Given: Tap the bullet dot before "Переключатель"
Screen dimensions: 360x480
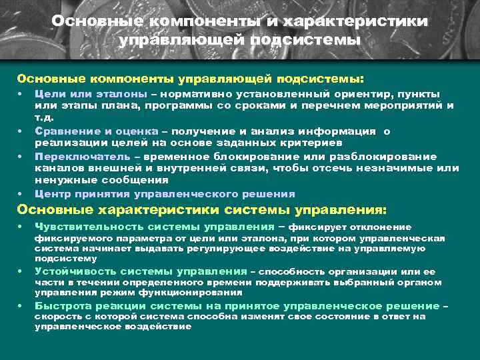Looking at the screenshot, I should point(21,157).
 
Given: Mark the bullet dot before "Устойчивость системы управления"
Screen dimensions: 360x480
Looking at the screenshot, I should point(21,272).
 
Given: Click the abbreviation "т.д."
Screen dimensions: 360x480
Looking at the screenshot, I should point(43,116).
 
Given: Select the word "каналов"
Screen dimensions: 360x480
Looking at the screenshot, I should point(56,168).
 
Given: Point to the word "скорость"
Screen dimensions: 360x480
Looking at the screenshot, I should point(58,317).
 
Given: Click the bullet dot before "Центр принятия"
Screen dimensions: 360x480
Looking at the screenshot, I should point(21,195).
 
